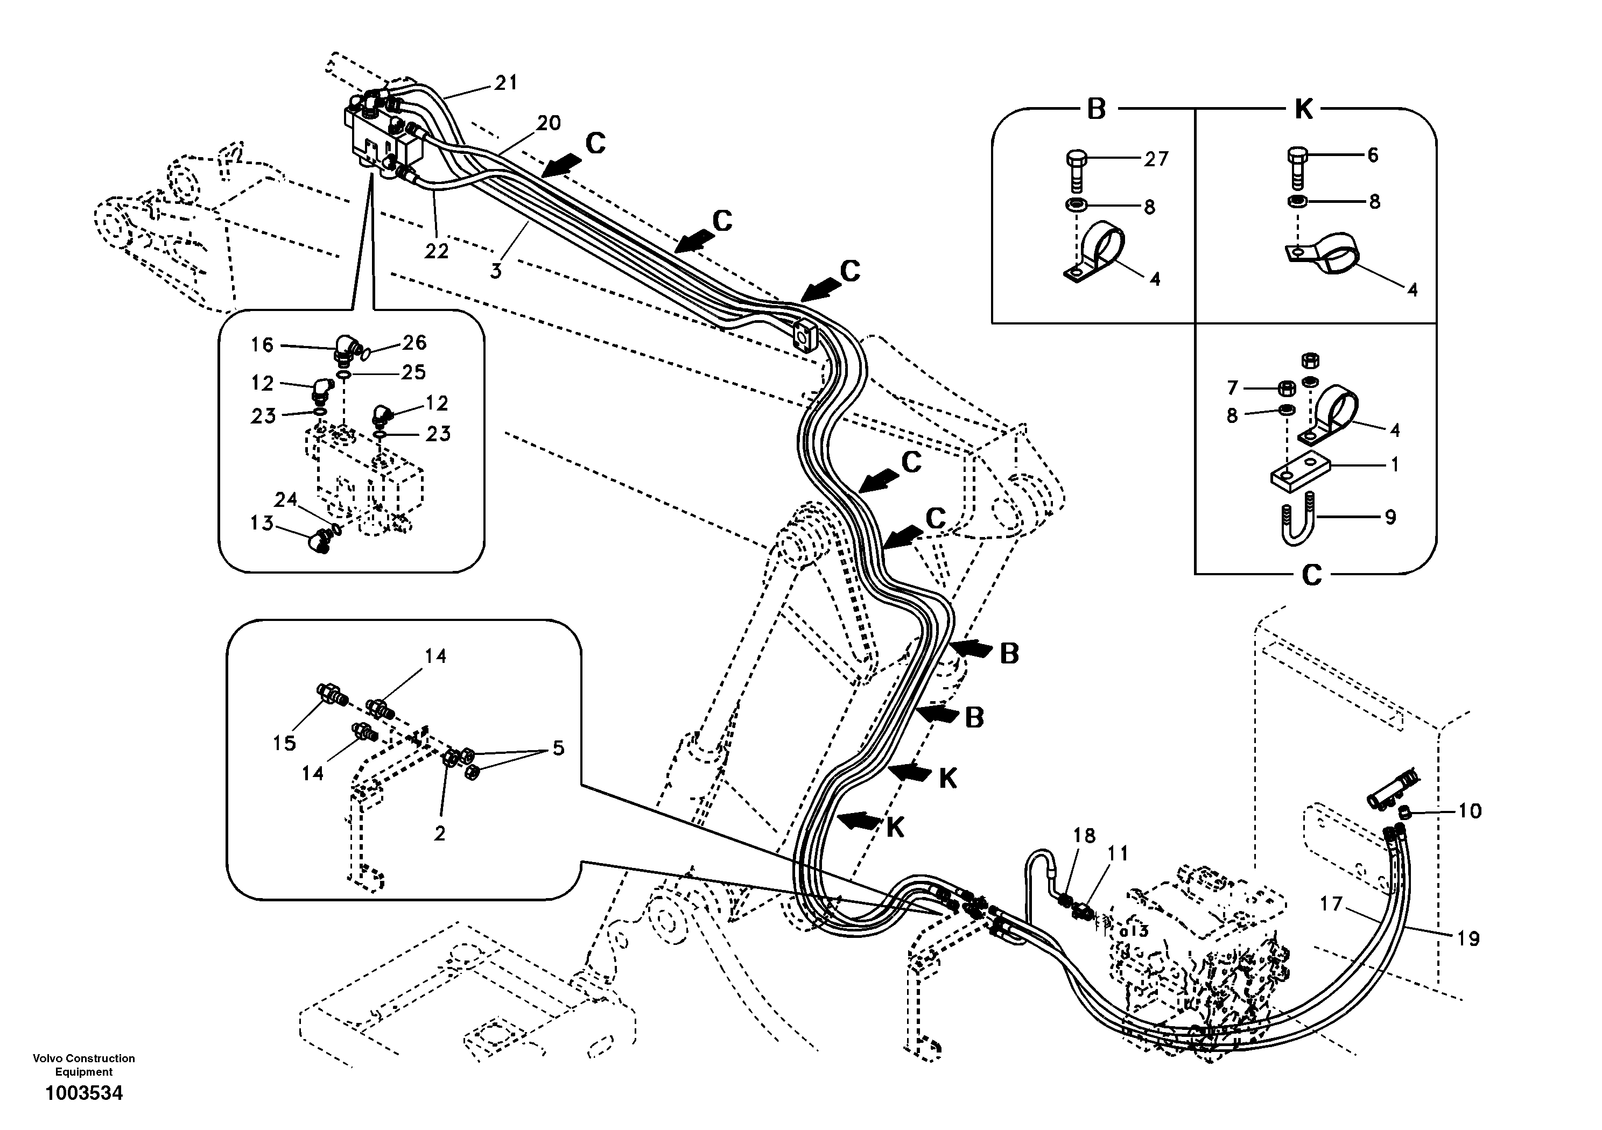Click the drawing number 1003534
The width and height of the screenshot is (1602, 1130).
point(84,1093)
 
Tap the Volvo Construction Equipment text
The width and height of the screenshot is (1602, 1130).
point(84,1064)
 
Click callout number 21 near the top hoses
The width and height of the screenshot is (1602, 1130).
point(506,83)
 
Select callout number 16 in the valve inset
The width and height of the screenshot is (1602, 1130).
point(262,344)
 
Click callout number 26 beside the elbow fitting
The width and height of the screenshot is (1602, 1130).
point(414,342)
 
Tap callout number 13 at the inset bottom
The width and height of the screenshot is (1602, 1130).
point(262,522)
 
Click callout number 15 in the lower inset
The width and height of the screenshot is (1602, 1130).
point(284,743)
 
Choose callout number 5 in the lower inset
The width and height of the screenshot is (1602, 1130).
point(558,748)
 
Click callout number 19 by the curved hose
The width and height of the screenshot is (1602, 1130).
point(1468,938)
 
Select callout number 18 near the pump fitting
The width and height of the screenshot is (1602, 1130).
point(1084,835)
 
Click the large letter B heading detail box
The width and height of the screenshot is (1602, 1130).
point(1096,110)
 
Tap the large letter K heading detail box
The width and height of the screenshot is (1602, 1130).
point(1303,110)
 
